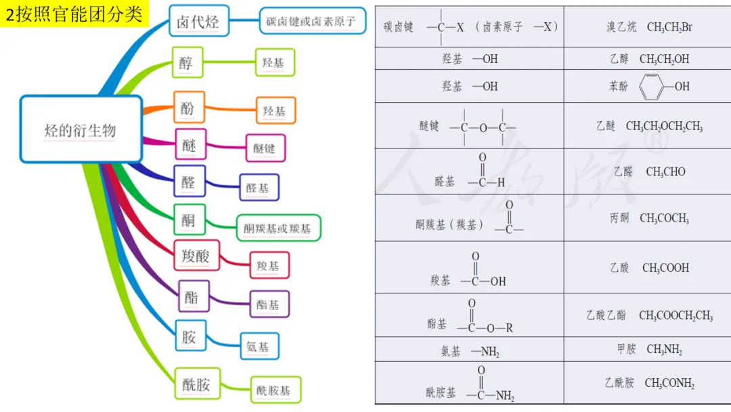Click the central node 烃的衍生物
pos(81,129)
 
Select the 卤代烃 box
pos(198,21)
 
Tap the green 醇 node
pos(187,63)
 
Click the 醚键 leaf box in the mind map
pos(265,148)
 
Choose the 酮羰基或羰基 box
pos(278,228)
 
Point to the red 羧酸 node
pos(196,256)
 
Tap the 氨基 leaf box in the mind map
pos(258,346)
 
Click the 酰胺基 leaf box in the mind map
pos(274,390)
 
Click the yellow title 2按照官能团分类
pos(74,14)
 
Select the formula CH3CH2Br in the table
pos(669,28)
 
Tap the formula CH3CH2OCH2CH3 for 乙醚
pos(664,127)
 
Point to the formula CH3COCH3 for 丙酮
pos(664,218)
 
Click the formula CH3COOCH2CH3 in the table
pos(675,316)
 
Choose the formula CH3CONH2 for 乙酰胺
pos(669,384)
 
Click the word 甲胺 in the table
pos(626,349)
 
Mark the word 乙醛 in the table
pos(623,172)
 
